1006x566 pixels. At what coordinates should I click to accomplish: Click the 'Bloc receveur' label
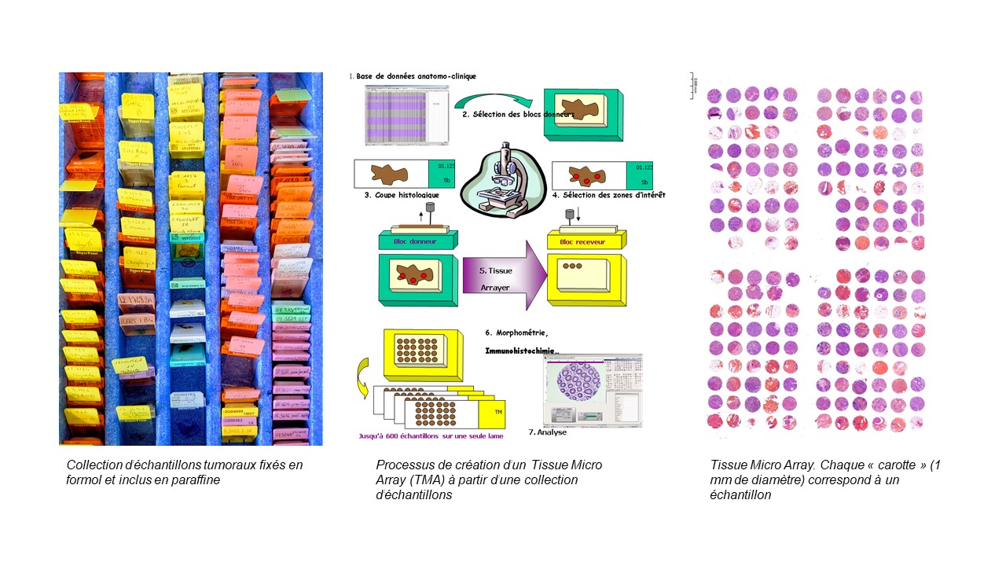tap(582, 241)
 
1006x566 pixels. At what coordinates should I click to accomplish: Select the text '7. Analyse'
tap(548, 432)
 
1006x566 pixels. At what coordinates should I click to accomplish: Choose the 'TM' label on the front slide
tap(499, 411)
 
